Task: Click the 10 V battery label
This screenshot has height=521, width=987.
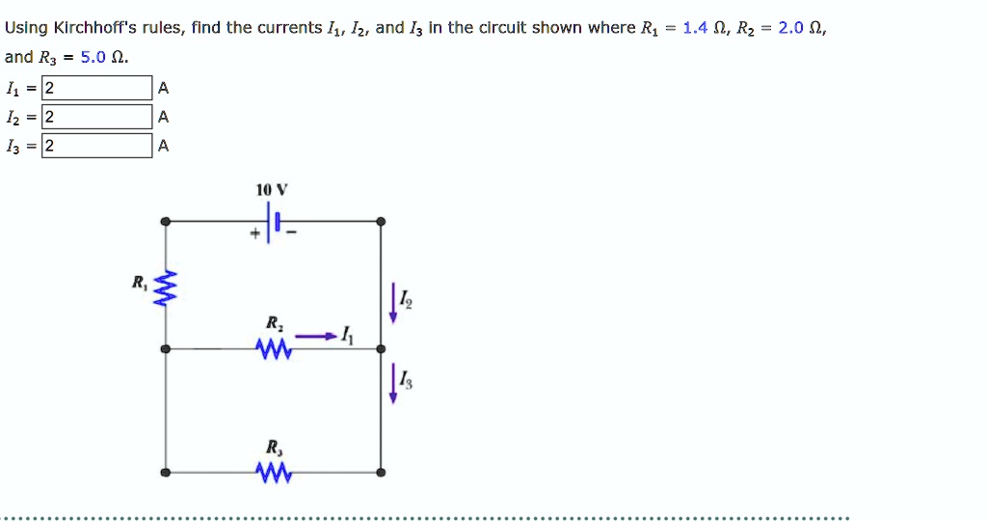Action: click(266, 190)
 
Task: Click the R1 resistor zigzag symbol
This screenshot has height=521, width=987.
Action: click(167, 286)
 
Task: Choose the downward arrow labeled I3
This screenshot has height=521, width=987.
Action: click(392, 384)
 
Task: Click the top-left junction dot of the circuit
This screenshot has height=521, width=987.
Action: click(166, 222)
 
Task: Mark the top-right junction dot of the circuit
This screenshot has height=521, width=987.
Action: click(381, 222)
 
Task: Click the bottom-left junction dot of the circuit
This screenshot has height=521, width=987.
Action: click(166, 473)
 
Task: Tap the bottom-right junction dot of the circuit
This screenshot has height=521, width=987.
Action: click(381, 473)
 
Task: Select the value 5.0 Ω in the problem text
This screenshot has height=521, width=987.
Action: click(101, 57)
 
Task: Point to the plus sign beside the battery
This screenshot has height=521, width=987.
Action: click(255, 233)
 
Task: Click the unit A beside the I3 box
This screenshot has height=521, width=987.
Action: click(163, 147)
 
